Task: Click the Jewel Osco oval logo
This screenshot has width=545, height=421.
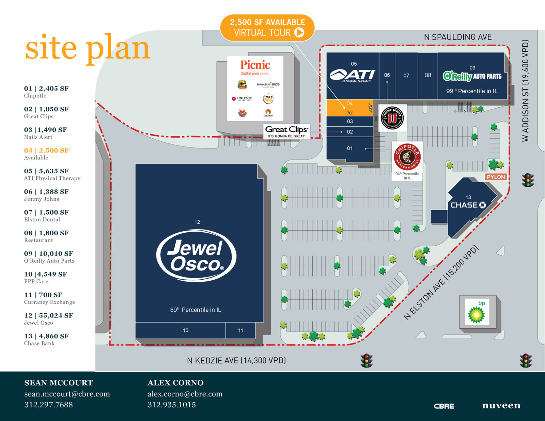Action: tap(196, 255)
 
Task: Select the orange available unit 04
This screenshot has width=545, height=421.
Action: tap(349, 108)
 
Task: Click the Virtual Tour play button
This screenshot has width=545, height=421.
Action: tap(299, 32)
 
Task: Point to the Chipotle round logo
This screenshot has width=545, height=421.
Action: tap(407, 157)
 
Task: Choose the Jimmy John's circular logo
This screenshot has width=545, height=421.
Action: tap(392, 118)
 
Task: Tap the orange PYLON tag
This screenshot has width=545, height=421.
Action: tap(496, 177)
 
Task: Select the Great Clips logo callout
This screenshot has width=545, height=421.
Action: tap(286, 131)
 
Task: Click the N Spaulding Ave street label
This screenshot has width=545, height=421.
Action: tap(457, 37)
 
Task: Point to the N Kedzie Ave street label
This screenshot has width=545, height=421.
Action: tap(236, 360)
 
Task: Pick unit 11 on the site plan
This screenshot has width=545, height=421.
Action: tap(240, 330)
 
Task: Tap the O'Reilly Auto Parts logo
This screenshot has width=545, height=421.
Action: tap(472, 76)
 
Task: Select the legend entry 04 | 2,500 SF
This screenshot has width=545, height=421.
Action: tap(46, 150)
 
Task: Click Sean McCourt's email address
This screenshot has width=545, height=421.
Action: tap(67, 394)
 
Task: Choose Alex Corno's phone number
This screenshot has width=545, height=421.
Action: tap(172, 405)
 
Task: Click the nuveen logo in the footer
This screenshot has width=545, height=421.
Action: tap(501, 405)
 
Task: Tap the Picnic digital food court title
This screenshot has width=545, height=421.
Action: tap(255, 65)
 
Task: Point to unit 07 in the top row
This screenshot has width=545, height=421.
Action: tap(406, 75)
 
